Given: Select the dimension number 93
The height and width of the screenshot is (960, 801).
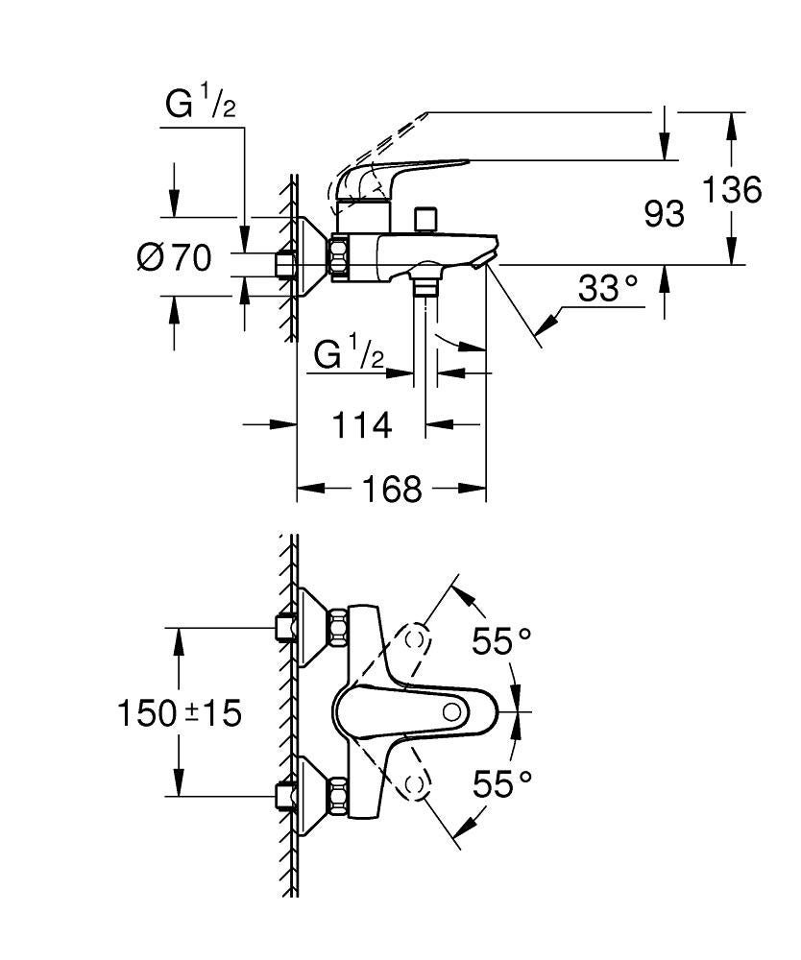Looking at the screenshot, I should coord(664,214).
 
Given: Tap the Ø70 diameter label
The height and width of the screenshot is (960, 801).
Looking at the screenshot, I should coord(174,258).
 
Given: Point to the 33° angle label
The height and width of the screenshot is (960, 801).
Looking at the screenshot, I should coord(608,288).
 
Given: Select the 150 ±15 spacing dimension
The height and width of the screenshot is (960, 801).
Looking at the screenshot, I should coord(179,712).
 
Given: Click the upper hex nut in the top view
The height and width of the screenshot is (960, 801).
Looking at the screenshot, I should coord(339,629).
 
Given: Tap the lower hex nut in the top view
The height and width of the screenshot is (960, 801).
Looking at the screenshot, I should coord(339,795).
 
